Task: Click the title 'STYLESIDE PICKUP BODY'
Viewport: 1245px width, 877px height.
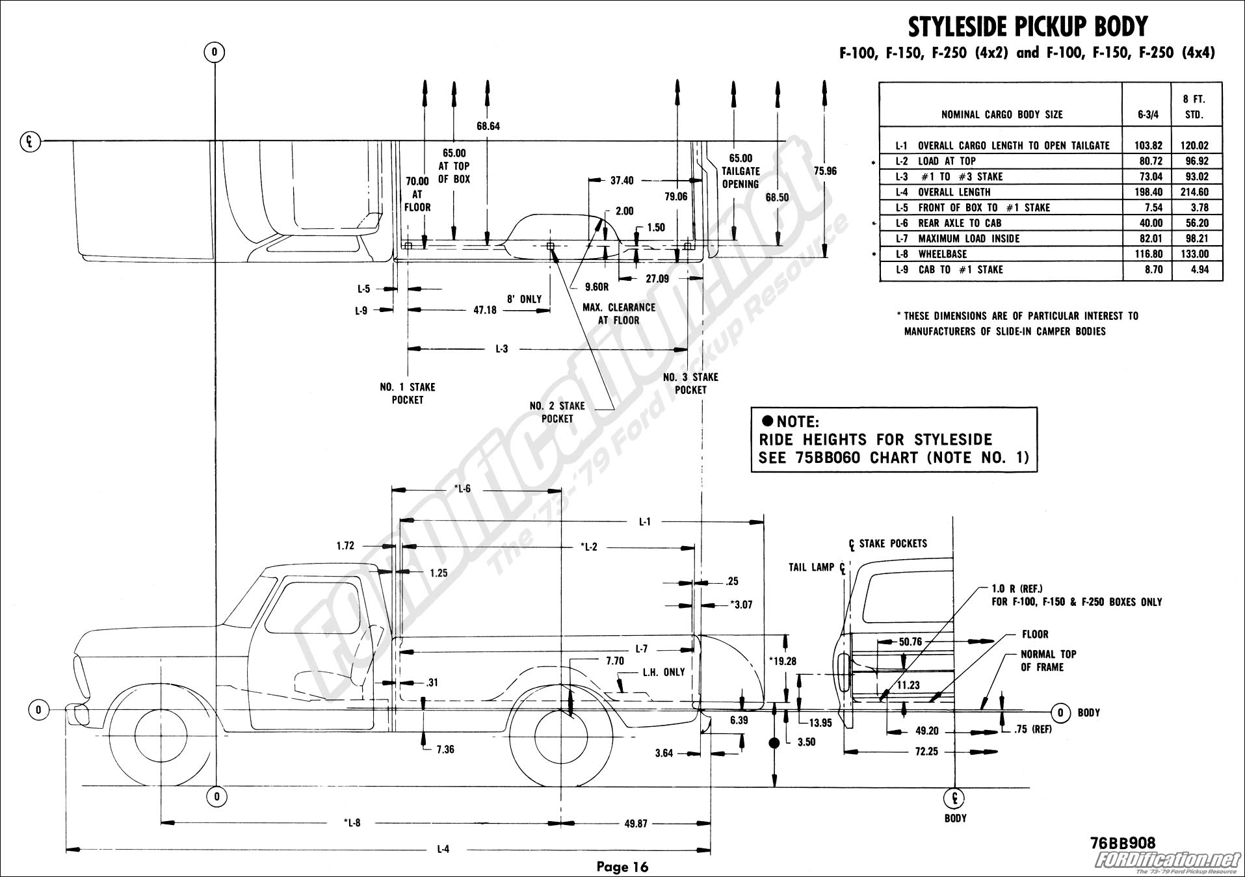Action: click(x=1027, y=27)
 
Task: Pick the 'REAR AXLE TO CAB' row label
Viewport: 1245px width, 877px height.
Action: click(x=960, y=223)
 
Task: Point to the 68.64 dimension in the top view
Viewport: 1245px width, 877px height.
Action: click(x=488, y=126)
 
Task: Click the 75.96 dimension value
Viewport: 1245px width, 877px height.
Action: click(x=825, y=171)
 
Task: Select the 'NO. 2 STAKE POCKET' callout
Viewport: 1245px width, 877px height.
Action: click(x=557, y=412)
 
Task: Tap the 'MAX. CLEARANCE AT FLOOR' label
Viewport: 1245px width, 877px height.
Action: click(x=619, y=313)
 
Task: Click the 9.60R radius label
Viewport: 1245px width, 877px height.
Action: click(x=597, y=287)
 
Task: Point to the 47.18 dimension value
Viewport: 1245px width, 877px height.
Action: click(x=485, y=310)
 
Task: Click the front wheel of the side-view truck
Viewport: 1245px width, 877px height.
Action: click(x=160, y=737)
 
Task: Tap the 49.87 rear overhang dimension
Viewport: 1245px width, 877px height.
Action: click(x=635, y=823)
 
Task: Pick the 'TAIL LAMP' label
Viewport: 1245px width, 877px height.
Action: click(x=811, y=568)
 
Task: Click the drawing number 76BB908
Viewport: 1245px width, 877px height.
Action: click(x=1122, y=843)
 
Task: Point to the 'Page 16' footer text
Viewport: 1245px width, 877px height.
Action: click(x=622, y=867)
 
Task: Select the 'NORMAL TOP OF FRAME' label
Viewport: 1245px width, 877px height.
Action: click(x=1048, y=661)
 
